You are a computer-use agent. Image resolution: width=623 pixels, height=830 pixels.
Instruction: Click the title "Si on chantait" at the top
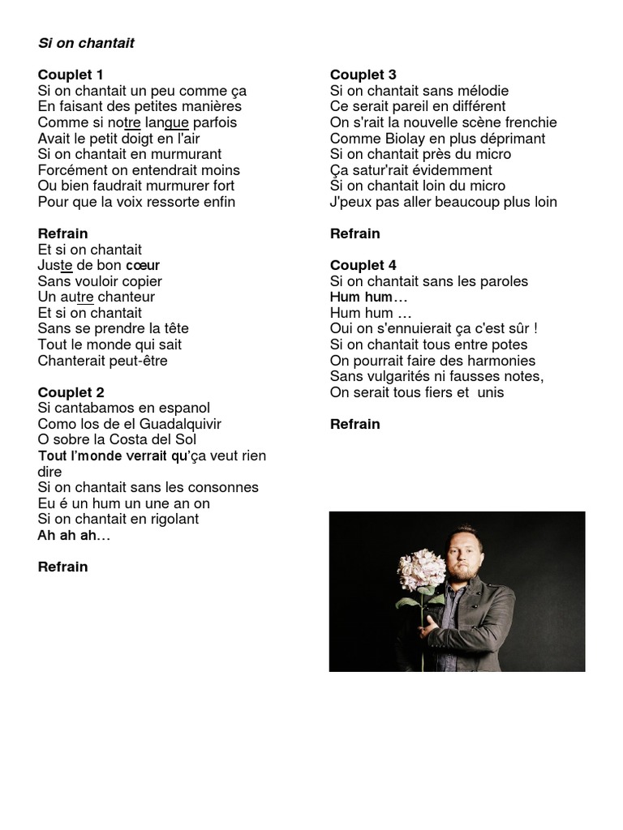coord(86,43)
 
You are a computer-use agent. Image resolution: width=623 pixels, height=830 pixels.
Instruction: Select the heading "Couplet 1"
coord(71,75)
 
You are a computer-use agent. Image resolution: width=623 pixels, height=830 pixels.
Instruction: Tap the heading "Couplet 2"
coord(71,392)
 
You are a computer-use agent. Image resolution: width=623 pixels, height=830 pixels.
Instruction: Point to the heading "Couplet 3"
coord(363,75)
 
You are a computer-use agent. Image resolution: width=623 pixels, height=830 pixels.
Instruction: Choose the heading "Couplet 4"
coord(363,265)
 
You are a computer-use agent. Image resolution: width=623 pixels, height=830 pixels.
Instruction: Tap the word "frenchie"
coord(527,122)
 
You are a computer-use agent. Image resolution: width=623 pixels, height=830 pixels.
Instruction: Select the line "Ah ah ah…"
coord(74,535)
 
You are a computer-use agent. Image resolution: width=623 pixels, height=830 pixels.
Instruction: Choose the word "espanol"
coord(179,408)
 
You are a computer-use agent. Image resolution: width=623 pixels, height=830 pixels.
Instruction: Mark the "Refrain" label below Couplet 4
coord(355,424)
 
